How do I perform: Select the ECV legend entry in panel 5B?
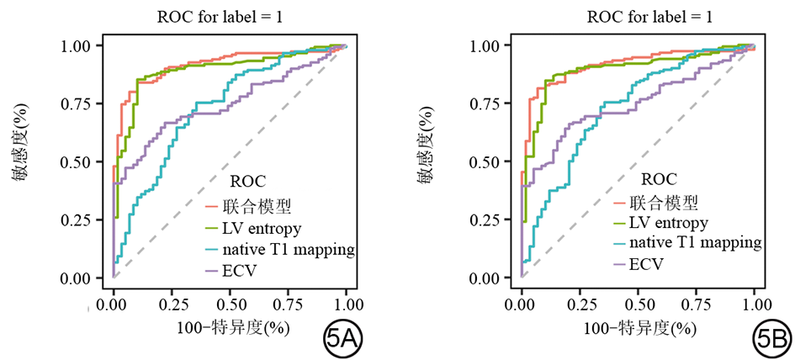[x=647, y=263]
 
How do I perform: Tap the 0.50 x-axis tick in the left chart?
[x=230, y=302]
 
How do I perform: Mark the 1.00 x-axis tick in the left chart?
[x=347, y=302]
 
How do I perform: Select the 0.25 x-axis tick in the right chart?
[x=580, y=302]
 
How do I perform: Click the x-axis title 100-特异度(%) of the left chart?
[x=230, y=326]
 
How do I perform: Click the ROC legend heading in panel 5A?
[x=248, y=181]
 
